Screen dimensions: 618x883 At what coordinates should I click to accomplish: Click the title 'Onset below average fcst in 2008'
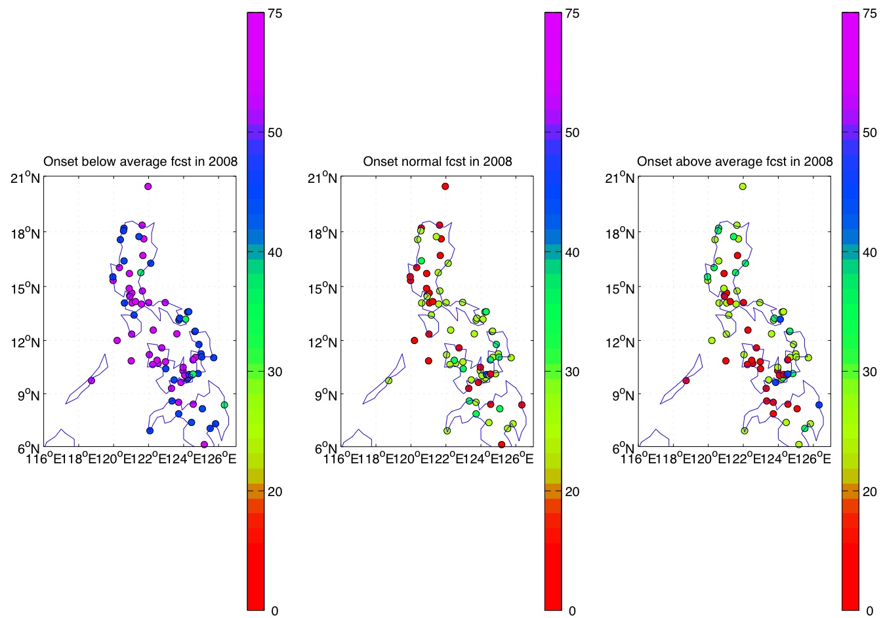click(140, 161)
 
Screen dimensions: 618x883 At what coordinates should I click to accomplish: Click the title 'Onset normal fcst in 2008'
click(438, 161)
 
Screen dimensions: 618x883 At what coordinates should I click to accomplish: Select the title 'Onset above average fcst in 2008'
click(735, 161)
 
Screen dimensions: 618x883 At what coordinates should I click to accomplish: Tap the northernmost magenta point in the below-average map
click(148, 187)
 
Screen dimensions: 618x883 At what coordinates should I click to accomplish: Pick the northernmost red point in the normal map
click(445, 187)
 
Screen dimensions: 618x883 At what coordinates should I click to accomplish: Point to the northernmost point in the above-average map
click(743, 187)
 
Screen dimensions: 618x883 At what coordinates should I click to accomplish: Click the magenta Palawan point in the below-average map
click(91, 381)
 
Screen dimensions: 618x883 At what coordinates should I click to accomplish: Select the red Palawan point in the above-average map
click(686, 381)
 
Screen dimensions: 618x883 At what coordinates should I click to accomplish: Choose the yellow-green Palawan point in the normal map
click(388, 381)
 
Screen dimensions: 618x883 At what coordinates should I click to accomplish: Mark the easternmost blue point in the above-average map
click(819, 405)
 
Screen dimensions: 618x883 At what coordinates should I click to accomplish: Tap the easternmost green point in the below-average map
click(224, 405)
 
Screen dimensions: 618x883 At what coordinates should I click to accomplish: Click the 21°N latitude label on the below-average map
click(25, 178)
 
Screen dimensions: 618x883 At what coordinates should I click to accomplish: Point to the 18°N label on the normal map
click(322, 233)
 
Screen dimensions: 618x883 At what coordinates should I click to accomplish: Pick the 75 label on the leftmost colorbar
click(275, 14)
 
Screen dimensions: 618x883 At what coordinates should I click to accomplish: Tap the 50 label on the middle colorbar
click(572, 132)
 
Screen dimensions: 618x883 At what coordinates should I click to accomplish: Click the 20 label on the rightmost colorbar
click(869, 492)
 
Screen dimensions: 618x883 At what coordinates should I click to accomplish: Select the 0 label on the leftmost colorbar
click(274, 611)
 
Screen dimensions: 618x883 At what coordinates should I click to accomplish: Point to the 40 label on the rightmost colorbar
click(869, 252)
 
